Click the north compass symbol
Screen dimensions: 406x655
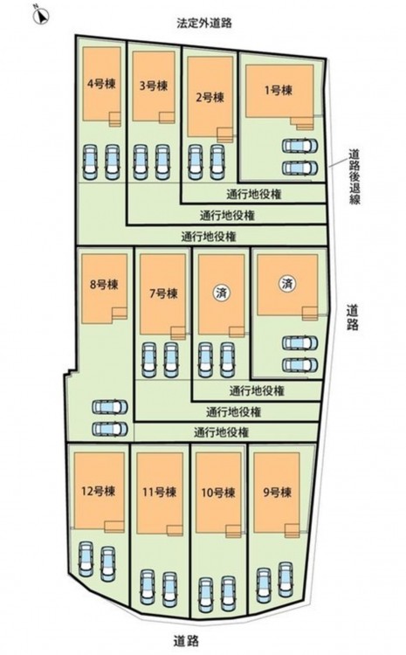pos(42,15)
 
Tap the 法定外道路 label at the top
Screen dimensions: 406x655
pos(203,24)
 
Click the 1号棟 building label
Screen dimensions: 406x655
pos(279,90)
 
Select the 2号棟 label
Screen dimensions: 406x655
pos(210,98)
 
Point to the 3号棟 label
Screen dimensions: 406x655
pos(154,86)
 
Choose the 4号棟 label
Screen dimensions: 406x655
pos(101,84)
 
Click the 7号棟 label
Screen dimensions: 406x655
pos(163,293)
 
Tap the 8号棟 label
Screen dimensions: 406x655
pos(104,285)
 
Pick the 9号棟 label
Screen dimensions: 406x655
pos(277,493)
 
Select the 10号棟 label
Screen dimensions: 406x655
pos(218,493)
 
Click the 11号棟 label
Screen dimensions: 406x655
pos(159,492)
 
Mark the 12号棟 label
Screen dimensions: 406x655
pos(98,491)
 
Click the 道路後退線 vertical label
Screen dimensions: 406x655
pos(354,176)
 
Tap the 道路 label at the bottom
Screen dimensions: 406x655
pos(186,640)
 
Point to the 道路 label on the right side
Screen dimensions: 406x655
pos(353,318)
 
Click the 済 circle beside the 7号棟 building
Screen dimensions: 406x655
pos(222,293)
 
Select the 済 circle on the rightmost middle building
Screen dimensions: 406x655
pos(287,284)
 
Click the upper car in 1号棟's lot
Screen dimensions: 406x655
pos(299,146)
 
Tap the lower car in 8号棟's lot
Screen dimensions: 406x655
pos(110,429)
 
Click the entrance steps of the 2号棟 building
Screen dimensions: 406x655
pos(225,134)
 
